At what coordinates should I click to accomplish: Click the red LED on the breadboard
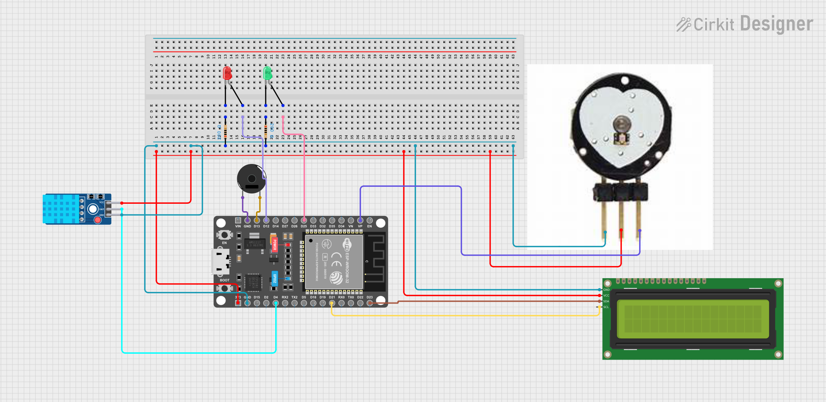(227, 73)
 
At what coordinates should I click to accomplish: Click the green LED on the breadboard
(267, 73)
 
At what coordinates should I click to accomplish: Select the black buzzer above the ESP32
(251, 179)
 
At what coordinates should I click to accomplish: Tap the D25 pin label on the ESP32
(304, 226)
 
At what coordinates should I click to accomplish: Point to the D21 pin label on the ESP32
(332, 297)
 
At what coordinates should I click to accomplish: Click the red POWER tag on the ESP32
(274, 244)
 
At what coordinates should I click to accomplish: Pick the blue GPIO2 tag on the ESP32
(274, 278)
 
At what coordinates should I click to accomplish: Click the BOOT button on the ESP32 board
(224, 287)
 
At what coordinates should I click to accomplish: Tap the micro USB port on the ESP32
(220, 262)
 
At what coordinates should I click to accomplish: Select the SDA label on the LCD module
(606, 301)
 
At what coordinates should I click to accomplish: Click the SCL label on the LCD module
(606, 307)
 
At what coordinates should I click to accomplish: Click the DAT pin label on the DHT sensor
(102, 209)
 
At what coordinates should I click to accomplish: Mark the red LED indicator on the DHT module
(98, 220)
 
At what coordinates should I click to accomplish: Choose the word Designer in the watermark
(776, 24)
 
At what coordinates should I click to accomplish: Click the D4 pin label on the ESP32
(276, 297)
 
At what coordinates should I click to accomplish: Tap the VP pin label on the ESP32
(360, 226)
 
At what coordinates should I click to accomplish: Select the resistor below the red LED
(225, 131)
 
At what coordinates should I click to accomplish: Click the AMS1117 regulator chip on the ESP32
(255, 244)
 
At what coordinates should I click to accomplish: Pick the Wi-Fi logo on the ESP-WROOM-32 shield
(347, 244)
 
